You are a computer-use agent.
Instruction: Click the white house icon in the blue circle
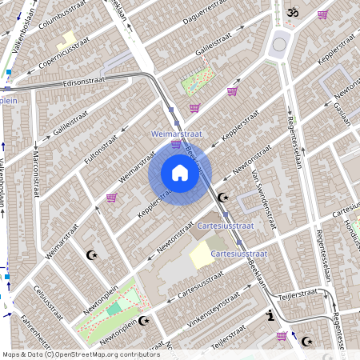[180, 173]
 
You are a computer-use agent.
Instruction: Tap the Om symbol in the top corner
[291, 13]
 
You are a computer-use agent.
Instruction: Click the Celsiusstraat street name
[47, 302]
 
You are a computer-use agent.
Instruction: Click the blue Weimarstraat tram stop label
[176, 135]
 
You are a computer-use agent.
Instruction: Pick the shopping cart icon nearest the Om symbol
[322, 14]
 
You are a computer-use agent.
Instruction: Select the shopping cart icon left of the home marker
[111, 197]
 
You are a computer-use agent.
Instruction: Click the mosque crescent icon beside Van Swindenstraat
[223, 197]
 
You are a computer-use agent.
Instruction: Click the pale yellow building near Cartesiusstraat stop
[202, 256]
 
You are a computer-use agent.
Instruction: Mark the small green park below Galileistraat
[198, 83]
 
